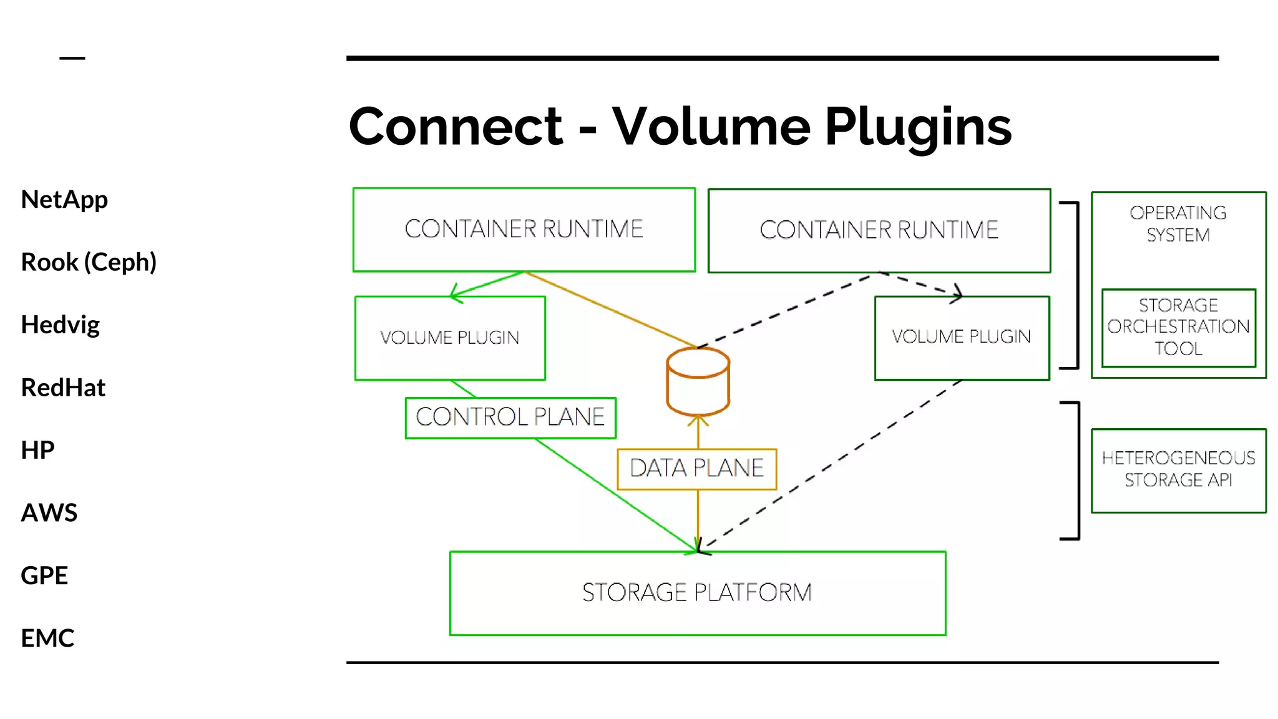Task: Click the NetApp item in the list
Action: (x=64, y=200)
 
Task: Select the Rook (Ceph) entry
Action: (x=89, y=262)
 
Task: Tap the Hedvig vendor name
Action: (x=60, y=325)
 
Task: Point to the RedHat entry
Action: (x=63, y=388)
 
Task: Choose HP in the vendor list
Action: (x=37, y=450)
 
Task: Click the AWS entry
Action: (x=49, y=512)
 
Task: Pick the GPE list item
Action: (x=44, y=575)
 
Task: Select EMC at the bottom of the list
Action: (x=47, y=638)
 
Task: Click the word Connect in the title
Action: (x=456, y=127)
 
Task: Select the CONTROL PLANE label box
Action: (x=510, y=418)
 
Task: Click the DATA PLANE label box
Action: (x=696, y=469)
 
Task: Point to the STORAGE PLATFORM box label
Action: (x=697, y=592)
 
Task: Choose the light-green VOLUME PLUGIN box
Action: (x=450, y=338)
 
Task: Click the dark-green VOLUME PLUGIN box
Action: (x=961, y=337)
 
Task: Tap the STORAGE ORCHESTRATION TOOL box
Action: (x=1178, y=327)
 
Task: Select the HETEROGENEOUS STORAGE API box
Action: (x=1178, y=469)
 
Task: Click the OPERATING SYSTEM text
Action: (x=1178, y=224)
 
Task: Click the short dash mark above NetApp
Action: (x=72, y=58)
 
